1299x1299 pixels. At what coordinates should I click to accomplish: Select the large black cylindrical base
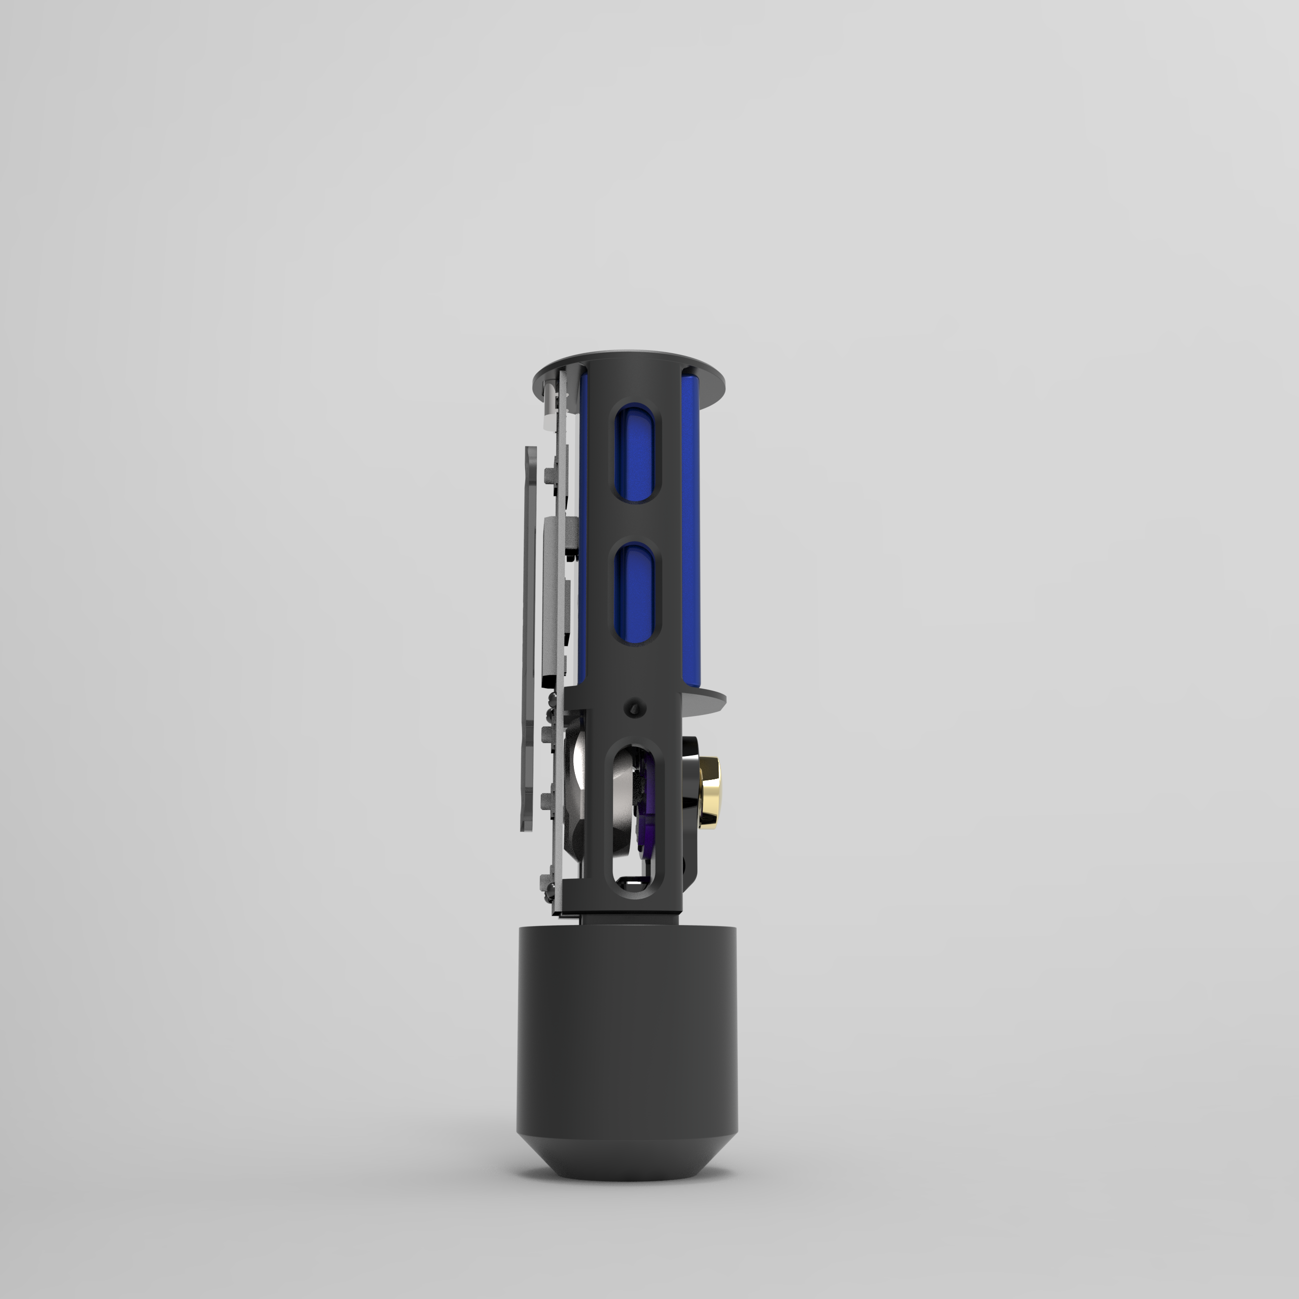point(627,1036)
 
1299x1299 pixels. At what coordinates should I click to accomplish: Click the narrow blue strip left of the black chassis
point(582,538)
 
